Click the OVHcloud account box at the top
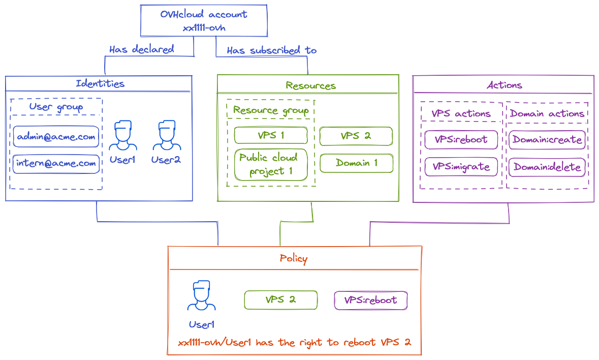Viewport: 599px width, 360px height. pos(203,21)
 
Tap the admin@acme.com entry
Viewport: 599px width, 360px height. pos(56,137)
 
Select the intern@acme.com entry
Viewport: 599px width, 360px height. pos(56,164)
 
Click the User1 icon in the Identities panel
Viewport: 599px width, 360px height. pos(122,136)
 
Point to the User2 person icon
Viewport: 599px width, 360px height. pos(167,136)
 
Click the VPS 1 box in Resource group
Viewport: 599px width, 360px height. pos(270,135)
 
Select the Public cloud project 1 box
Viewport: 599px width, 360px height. pos(270,164)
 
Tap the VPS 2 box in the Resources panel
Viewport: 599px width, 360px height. pos(356,136)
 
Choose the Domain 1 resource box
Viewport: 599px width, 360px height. pos(356,163)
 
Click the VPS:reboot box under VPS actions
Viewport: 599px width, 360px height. pos(461,139)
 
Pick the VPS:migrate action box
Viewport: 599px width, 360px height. pos(461,167)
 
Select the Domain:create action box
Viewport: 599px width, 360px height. pos(547,139)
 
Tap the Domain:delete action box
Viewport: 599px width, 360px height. pos(547,167)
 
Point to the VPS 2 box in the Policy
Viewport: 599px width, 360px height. pos(280,299)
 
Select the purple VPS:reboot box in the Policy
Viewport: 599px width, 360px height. pos(370,300)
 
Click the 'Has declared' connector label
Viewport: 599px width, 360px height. pos(141,49)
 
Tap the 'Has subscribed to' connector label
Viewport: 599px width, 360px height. pos(271,50)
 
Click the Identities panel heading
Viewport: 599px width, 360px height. pos(100,83)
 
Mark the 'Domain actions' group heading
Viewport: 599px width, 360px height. pos(547,113)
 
